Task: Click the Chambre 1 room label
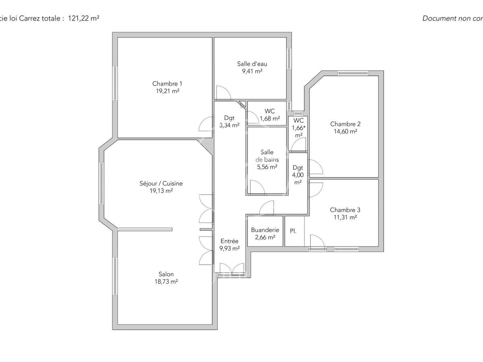167,84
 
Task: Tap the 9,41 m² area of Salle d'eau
252,71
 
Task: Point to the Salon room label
166,274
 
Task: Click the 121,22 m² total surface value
84,18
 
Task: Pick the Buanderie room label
265,230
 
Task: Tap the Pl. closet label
293,231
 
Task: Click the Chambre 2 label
345,124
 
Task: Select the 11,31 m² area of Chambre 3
345,218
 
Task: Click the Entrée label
229,241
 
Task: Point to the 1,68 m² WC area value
270,119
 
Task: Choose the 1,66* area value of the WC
298,128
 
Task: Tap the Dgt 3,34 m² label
229,121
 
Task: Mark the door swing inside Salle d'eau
223,93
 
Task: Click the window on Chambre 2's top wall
353,73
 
